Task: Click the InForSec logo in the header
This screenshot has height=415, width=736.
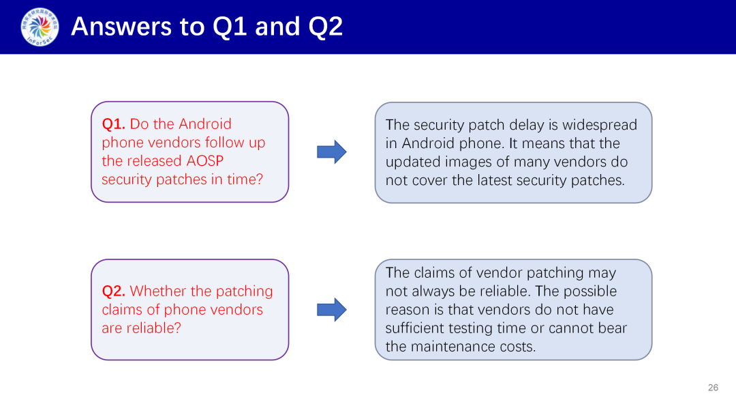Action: (40, 27)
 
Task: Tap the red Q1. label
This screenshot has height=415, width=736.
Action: (114, 124)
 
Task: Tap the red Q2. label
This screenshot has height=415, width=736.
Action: (114, 291)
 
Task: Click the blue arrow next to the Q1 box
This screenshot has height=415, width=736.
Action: (332, 152)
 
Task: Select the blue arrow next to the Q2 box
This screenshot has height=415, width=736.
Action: (332, 309)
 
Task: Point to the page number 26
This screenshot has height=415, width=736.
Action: (713, 388)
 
